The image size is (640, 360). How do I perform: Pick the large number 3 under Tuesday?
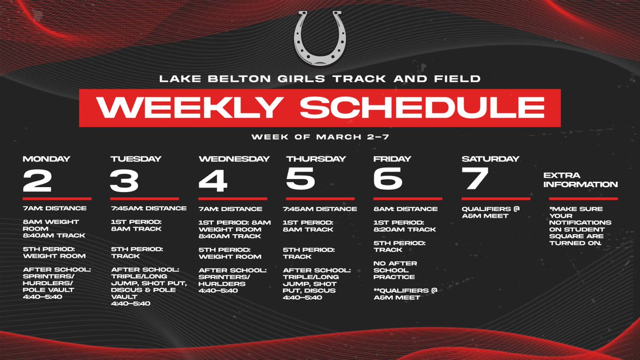pos(125,181)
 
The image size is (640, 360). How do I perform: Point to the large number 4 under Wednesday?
pos(213,181)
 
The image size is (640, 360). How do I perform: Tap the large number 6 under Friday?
pos(388,181)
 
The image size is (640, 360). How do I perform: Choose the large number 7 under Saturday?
pos(476,181)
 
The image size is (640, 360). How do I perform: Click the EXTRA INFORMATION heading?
pos(580,180)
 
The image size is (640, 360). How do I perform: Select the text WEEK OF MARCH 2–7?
pos(320,137)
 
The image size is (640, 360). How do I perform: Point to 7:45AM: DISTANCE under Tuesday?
pos(149,209)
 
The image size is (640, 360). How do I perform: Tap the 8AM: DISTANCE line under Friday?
pos(405,209)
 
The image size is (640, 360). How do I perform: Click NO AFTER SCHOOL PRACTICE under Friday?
pos(395,270)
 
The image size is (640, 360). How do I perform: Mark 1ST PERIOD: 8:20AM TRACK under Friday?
pos(405,226)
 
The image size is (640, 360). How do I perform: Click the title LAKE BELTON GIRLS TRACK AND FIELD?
pos(320,79)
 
